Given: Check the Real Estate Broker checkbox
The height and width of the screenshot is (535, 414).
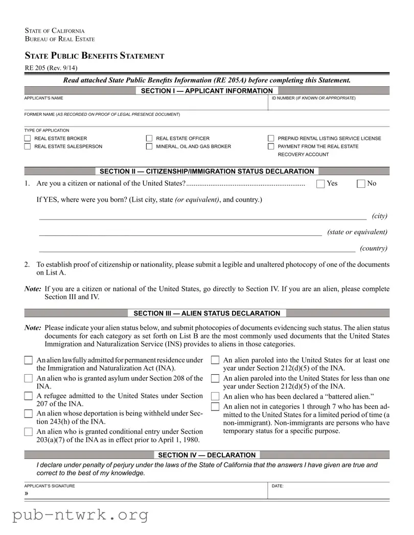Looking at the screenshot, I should [28, 138].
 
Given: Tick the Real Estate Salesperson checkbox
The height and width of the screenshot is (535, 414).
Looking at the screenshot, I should [28, 147].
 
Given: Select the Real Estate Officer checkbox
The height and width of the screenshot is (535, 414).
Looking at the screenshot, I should [149, 138].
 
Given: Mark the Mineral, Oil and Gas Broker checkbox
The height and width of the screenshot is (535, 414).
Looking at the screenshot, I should [149, 147].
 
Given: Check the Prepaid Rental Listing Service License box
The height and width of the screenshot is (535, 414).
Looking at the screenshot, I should [271, 138].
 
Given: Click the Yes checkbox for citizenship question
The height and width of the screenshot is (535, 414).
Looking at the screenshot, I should [320, 184].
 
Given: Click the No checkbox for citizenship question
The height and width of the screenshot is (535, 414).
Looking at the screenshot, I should [361, 184].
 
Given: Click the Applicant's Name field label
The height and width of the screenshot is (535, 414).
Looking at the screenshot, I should [44, 98].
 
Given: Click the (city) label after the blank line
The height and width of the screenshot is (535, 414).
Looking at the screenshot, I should [379, 216].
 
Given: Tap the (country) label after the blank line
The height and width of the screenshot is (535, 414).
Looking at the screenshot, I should [373, 249].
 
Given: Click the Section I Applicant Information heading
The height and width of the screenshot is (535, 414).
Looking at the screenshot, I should [206, 91].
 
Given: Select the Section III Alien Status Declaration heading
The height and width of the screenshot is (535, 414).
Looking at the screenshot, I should [206, 313].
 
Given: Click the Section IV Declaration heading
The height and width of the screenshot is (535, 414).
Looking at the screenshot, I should [206, 455].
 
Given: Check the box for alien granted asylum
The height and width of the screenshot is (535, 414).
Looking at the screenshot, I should [29, 379].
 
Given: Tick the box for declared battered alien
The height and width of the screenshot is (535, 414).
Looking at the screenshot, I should [215, 397].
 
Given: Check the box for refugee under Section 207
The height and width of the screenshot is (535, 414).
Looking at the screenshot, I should [29, 396].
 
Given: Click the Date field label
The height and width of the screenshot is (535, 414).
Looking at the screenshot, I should [278, 486].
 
